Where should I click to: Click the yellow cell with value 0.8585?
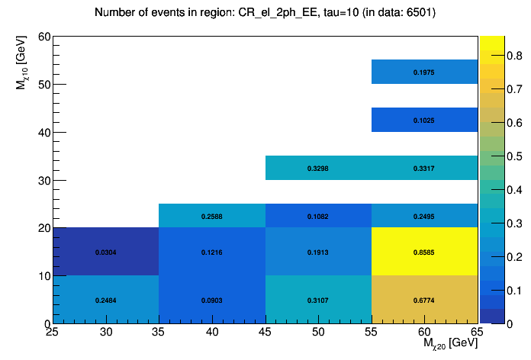tap(424, 252)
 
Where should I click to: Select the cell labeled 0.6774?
tap(424, 300)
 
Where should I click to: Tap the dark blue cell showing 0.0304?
tap(106, 252)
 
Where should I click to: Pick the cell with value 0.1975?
tap(424, 72)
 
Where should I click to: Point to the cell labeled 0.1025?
tap(424, 120)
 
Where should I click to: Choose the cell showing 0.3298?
tap(318, 168)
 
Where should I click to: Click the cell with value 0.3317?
tap(424, 168)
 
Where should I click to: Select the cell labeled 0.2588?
tap(212, 216)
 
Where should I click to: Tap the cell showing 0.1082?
tap(318, 216)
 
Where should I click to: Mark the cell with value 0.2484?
tap(106, 300)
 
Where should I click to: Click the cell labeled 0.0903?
tap(212, 300)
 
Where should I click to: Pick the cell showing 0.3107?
tap(318, 300)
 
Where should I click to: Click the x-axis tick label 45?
tap(265, 332)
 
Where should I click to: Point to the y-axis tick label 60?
tap(43, 37)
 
